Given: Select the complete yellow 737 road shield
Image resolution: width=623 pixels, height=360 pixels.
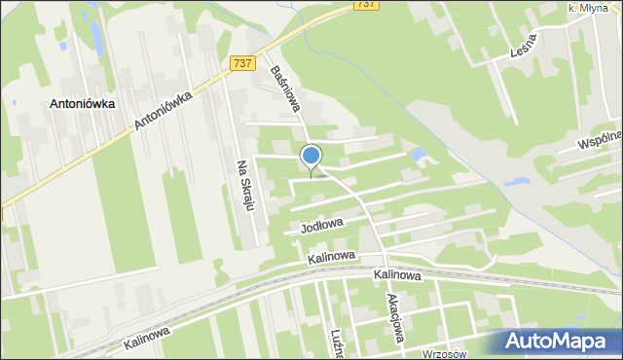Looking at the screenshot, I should coord(245,63).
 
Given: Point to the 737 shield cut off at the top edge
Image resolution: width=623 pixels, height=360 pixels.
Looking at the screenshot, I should coord(366,5).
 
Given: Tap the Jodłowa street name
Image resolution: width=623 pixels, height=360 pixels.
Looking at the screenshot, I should coord(324,227).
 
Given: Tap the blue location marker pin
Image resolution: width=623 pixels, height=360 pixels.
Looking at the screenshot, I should coord(311,157).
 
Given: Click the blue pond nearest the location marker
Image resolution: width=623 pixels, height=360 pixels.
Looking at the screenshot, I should coord(418,154).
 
